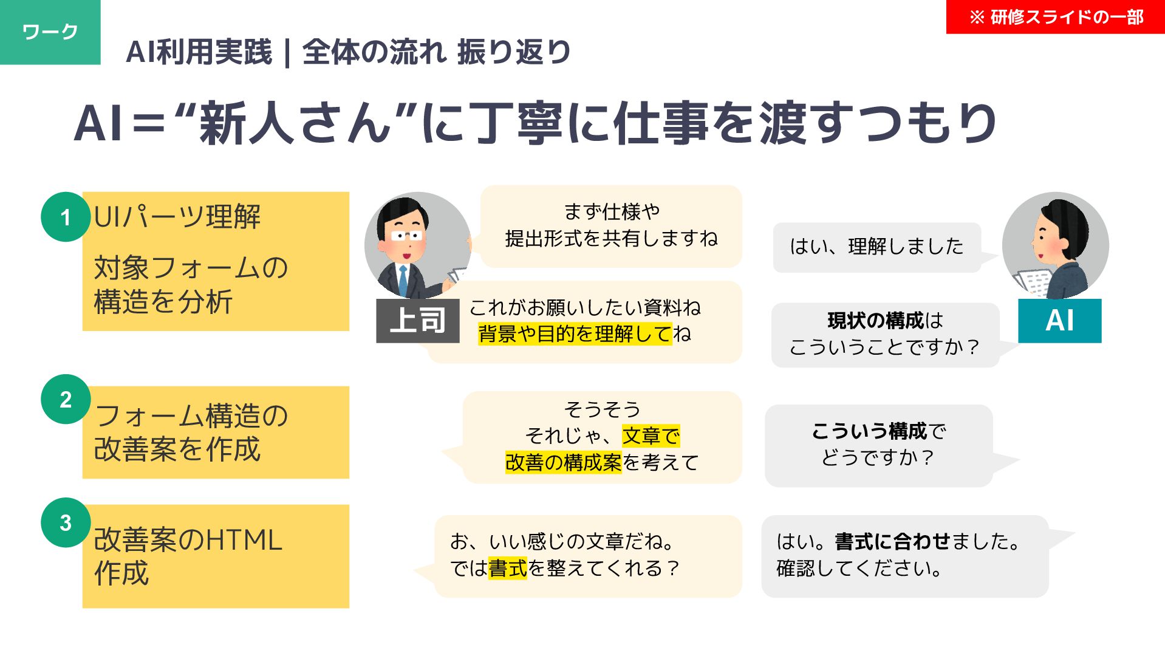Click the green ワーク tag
pos(50,32)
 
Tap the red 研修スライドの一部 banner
pos(1055,17)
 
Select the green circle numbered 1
pos(66,217)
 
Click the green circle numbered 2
pos(66,399)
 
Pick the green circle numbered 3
pos(66,522)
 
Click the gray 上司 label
pos(417,321)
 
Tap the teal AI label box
pos(1059,321)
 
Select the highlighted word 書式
pos(508,569)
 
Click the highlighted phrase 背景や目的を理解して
pos(575,334)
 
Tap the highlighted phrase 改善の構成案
pos(563,463)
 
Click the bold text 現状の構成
pos(875,320)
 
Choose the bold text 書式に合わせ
pos(892,541)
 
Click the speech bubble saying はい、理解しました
pos(876,247)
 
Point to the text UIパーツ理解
pos(177,217)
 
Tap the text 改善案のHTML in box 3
pos(188,540)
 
